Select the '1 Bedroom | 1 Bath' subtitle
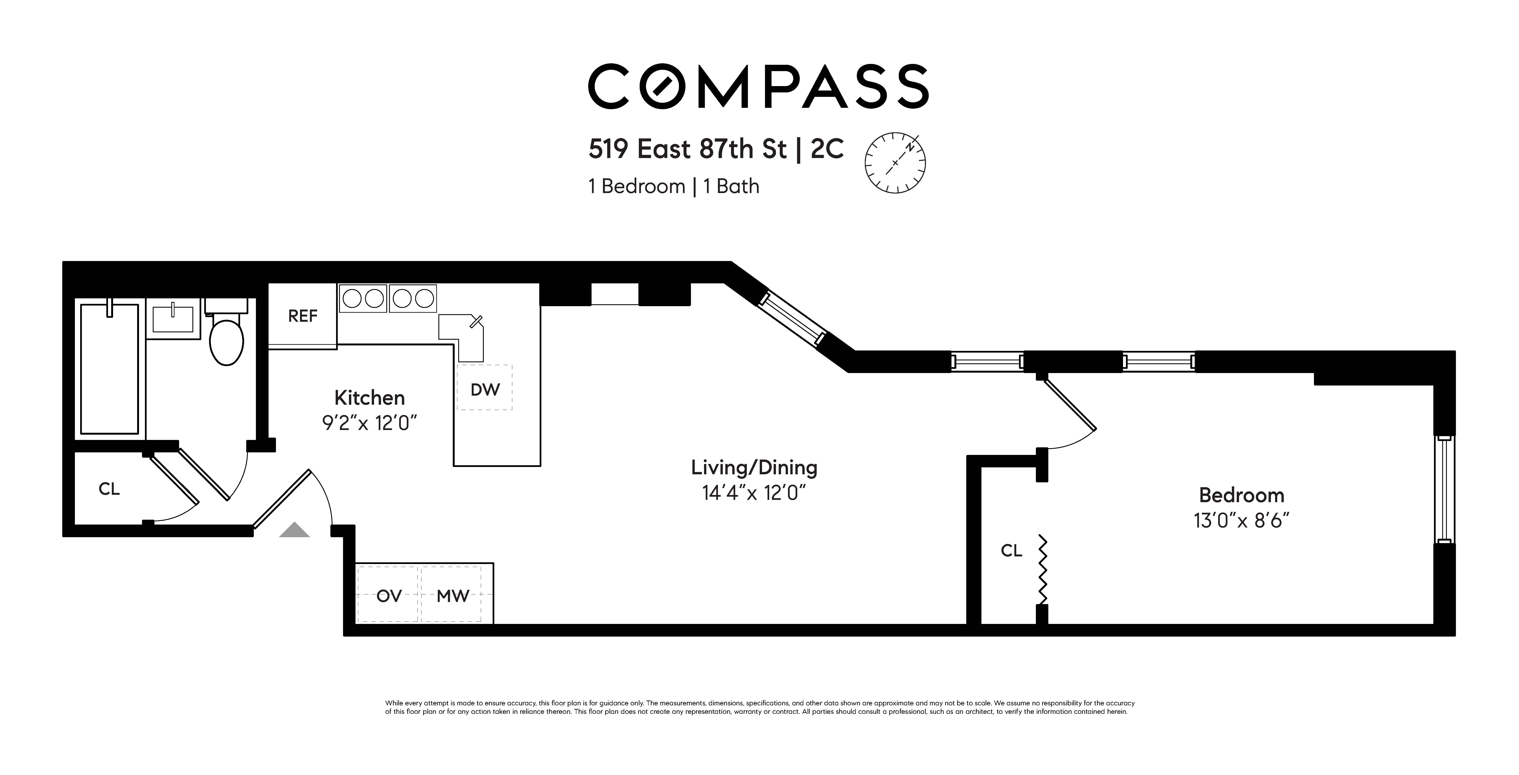click(x=673, y=186)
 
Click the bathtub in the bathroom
click(x=109, y=369)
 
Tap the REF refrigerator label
click(x=303, y=316)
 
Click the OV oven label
click(x=389, y=596)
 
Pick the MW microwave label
click(x=452, y=596)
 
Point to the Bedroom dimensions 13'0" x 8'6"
click(x=1241, y=521)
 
